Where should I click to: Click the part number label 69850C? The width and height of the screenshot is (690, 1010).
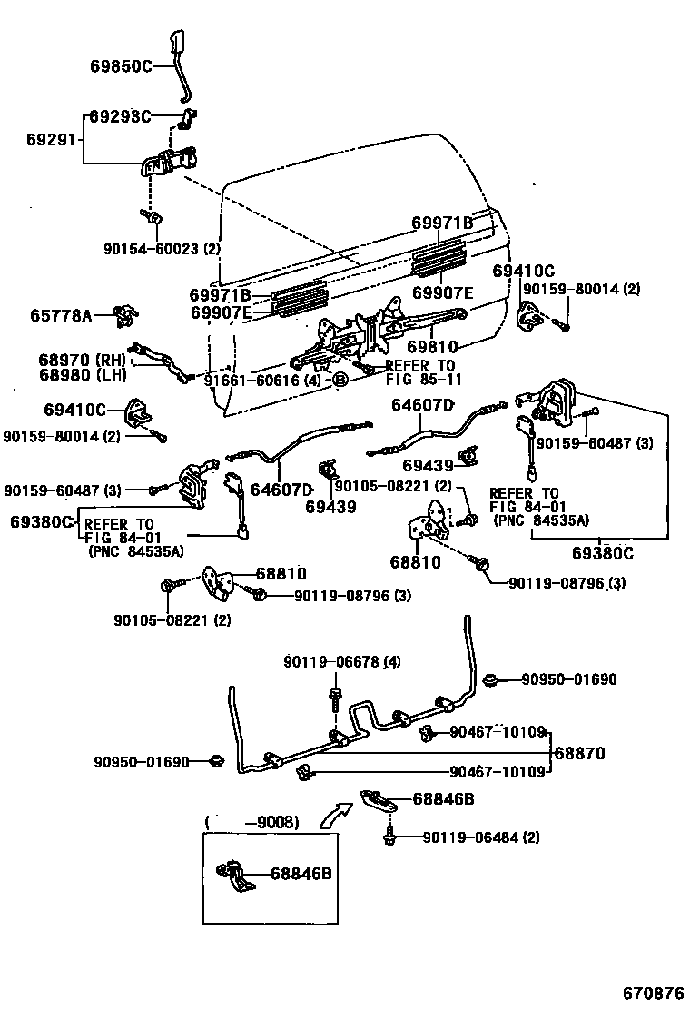(x=120, y=65)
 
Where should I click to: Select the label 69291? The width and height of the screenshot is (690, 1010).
(x=52, y=141)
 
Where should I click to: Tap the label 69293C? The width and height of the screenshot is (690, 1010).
(x=120, y=116)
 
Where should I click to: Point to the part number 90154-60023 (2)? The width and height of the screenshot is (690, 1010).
(x=163, y=248)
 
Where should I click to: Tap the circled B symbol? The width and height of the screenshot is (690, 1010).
(x=339, y=380)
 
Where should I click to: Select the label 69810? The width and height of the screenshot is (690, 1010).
(x=432, y=347)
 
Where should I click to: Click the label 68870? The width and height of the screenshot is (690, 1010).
(x=579, y=753)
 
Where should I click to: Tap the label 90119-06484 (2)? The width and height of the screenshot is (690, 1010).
(x=480, y=837)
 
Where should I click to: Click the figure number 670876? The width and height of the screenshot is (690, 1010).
(x=652, y=993)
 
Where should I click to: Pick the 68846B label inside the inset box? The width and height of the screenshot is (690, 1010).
(x=301, y=874)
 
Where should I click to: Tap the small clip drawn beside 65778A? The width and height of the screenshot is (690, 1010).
(x=126, y=315)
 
